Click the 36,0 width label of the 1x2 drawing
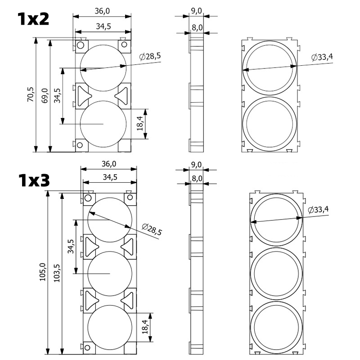(103, 10)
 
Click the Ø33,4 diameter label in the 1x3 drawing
(318, 210)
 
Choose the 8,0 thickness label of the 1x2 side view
(197, 28)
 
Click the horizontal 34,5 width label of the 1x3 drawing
(110, 177)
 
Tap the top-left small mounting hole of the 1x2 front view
(81, 45)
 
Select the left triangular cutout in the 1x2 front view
(84, 95)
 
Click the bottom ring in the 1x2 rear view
(270, 124)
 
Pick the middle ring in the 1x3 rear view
(276, 273)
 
